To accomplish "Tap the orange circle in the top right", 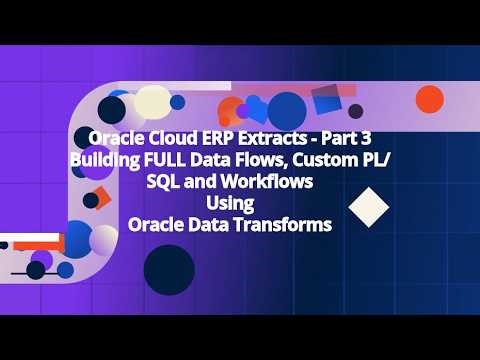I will (x=429, y=99).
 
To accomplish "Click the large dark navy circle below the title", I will (x=168, y=267).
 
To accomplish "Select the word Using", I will (x=232, y=203).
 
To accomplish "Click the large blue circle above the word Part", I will (x=287, y=110).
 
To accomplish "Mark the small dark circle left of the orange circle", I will (x=355, y=110).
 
